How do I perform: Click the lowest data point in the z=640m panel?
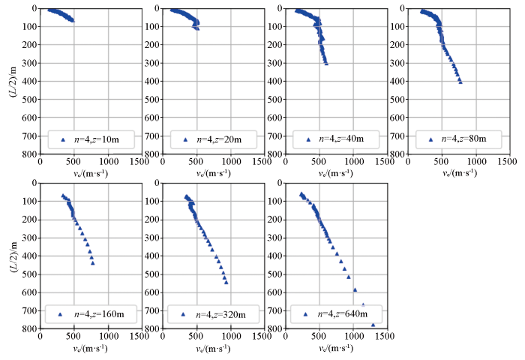[x=373, y=325]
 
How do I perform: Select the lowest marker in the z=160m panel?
[x=93, y=263]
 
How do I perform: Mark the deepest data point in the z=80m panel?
[x=460, y=82]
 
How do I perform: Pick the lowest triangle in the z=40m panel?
[x=326, y=63]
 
